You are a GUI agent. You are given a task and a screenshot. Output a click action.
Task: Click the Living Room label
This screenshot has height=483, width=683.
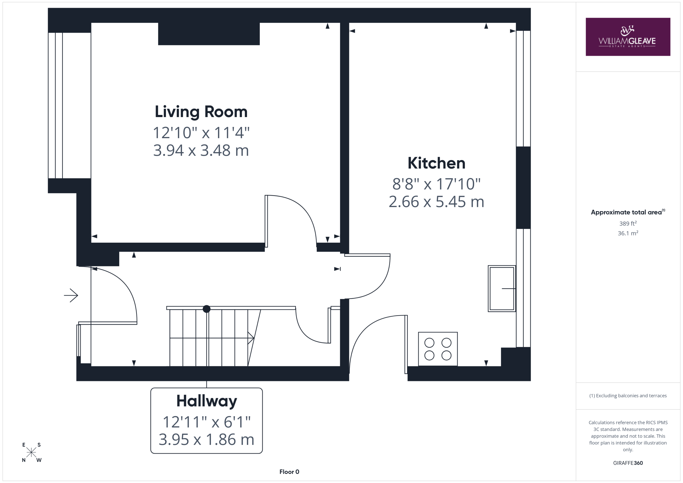(201, 112)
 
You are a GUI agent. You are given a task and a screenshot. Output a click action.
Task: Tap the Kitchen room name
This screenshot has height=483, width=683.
(436, 163)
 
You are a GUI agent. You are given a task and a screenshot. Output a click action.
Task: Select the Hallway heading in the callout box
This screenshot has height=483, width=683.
(207, 401)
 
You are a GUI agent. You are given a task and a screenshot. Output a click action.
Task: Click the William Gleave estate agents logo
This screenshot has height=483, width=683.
(628, 37)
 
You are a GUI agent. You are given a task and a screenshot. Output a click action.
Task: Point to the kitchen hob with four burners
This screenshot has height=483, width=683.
(438, 349)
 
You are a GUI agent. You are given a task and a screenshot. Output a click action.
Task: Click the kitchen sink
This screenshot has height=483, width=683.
(502, 289)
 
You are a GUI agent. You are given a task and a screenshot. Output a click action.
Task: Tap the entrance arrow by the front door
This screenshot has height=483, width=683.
(71, 295)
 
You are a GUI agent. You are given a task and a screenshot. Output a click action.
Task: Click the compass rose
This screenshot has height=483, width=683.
(31, 452)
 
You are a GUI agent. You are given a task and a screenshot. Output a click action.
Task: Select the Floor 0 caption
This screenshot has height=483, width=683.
(289, 472)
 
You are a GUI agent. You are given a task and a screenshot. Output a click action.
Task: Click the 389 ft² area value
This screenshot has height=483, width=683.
(628, 223)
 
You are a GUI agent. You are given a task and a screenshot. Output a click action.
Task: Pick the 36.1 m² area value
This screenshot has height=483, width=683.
(628, 233)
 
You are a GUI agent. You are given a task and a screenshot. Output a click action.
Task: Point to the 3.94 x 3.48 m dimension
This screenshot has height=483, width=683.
(201, 150)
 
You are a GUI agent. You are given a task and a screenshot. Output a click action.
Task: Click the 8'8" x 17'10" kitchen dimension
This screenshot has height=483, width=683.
(436, 184)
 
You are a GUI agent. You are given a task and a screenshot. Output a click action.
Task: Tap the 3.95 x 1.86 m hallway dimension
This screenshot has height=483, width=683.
(207, 440)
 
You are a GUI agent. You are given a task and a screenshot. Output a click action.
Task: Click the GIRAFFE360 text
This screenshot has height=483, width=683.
(628, 463)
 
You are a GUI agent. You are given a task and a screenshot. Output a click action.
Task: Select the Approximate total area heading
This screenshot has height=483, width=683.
(628, 212)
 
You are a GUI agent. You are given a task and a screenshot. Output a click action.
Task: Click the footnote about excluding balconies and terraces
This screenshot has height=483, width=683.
(628, 396)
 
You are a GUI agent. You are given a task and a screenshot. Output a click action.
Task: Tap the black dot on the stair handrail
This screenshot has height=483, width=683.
(207, 309)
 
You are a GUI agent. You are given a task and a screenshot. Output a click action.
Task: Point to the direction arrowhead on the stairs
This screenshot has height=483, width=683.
(251, 338)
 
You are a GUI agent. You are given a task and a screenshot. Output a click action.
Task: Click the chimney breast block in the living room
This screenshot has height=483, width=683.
(209, 34)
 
